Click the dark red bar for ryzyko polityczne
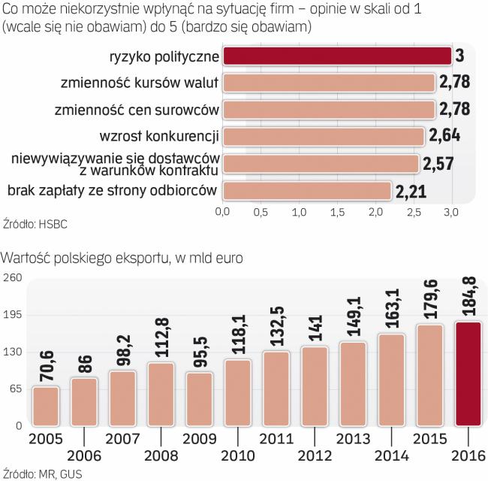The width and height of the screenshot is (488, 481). point(336,56)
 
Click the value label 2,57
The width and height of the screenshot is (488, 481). point(438,163)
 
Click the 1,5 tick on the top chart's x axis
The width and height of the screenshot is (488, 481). point(337,213)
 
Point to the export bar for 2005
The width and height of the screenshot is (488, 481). point(45,406)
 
